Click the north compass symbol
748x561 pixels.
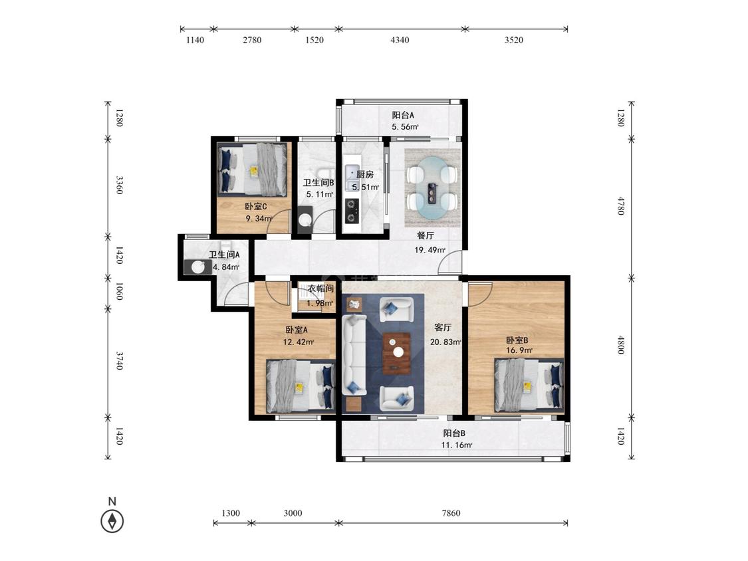point(112,520)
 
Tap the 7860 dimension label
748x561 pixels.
point(451,513)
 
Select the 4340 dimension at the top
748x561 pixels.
point(400,40)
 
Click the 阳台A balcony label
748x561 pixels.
point(403,115)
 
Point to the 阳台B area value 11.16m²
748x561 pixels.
point(457,445)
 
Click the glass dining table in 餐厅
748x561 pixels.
point(433,187)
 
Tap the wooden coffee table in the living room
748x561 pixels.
point(397,354)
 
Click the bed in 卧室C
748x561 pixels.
point(253,169)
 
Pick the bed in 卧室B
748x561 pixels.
point(529,385)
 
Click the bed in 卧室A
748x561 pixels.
point(301,386)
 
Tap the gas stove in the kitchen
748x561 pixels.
point(352,210)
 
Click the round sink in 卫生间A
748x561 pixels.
point(198,267)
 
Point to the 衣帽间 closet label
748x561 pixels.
point(320,288)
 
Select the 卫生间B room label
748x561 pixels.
point(318,182)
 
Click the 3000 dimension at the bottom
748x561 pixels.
point(293,513)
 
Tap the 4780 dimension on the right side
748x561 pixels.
point(620,205)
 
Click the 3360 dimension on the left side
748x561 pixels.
point(120,185)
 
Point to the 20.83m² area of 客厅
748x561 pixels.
point(445,342)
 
